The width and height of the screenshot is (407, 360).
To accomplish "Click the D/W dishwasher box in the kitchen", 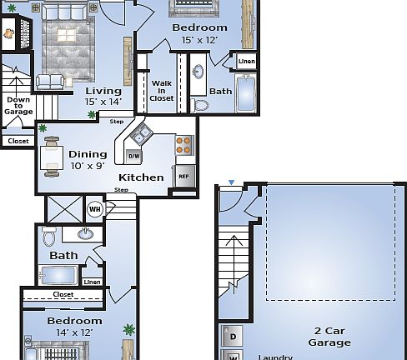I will click(x=134, y=155).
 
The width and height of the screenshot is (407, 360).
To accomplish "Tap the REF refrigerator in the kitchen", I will click(x=183, y=177).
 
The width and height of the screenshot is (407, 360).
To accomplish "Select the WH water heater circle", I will click(x=94, y=209).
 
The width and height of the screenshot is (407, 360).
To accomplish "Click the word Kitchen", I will click(x=141, y=177).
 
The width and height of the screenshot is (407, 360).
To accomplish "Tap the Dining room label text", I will click(x=88, y=153).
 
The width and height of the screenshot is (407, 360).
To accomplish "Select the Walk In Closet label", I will click(x=161, y=90).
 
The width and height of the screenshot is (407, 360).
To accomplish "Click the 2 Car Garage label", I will click(x=329, y=336).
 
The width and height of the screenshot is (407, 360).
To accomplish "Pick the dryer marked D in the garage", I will click(x=233, y=337).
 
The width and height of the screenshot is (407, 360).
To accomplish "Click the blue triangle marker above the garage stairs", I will click(x=232, y=182).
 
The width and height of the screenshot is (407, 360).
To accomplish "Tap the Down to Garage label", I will click(x=18, y=106).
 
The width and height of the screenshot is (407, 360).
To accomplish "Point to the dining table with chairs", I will click(x=52, y=157).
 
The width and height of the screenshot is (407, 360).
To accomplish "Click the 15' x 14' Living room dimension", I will click(x=103, y=102).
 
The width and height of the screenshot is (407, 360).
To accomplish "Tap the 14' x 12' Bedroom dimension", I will click(x=74, y=332).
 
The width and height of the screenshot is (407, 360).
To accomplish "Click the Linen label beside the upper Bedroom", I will click(x=246, y=62).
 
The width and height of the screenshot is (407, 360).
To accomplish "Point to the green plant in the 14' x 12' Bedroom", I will click(x=128, y=329).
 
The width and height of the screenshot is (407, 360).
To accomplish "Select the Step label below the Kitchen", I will click(x=121, y=191).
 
